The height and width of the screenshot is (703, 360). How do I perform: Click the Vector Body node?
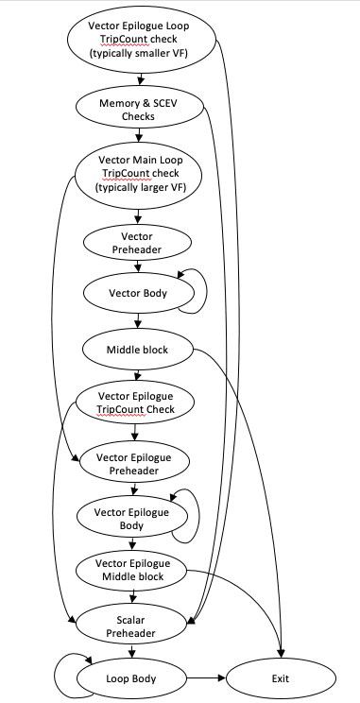pyautogui.click(x=138, y=292)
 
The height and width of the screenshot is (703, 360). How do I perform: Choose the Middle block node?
pyautogui.click(x=138, y=350)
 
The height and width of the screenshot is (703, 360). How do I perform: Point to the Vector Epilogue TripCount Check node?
pyautogui.click(x=138, y=404)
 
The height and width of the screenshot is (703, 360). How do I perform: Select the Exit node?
pyautogui.click(x=280, y=678)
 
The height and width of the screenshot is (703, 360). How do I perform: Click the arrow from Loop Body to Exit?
pyautogui.click(x=205, y=678)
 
